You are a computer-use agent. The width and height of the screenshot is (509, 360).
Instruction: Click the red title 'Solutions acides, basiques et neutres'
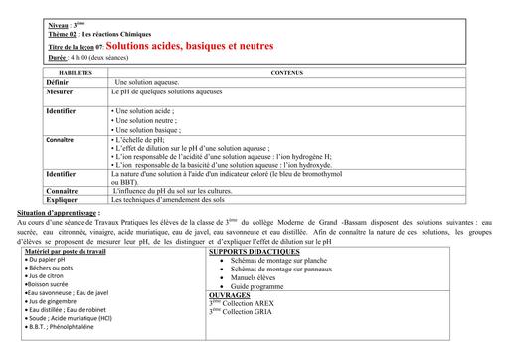point(189,46)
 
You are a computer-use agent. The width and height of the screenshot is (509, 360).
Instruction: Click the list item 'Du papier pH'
point(50,260)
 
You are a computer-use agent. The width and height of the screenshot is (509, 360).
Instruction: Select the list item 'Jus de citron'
point(50,276)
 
